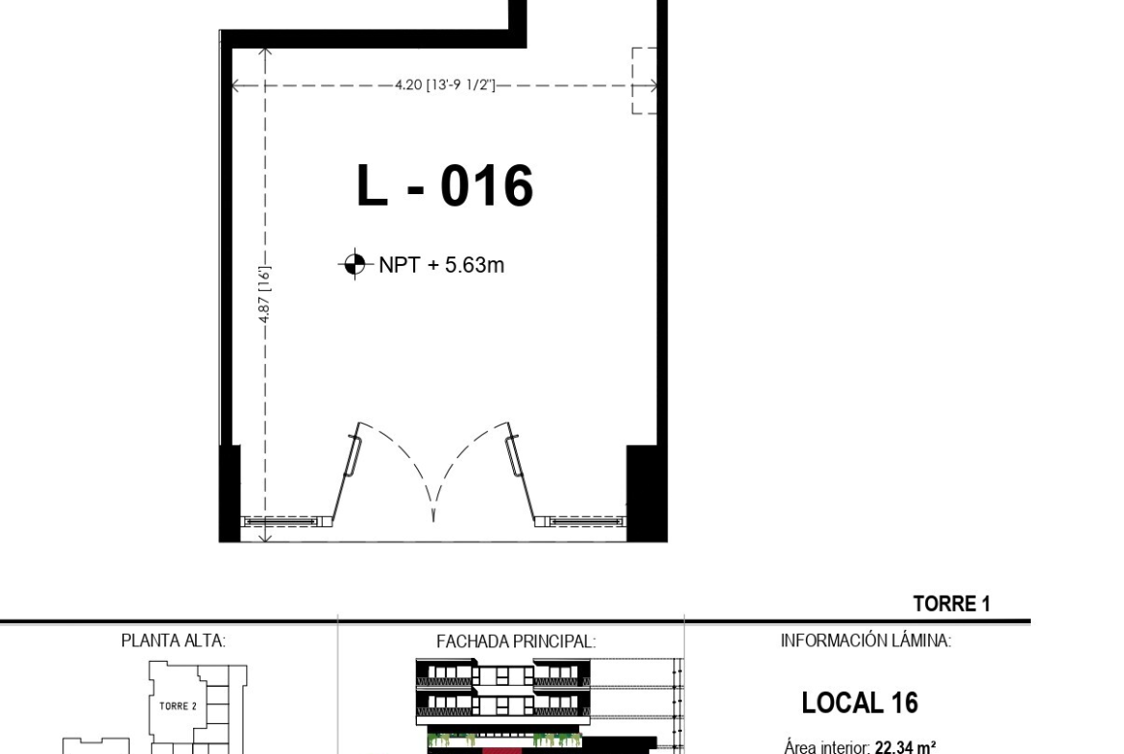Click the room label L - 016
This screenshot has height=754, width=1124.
pyautogui.click(x=445, y=185)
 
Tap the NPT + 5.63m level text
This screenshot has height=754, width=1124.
pyautogui.click(x=442, y=264)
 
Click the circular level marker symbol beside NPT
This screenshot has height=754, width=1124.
pyautogui.click(x=354, y=264)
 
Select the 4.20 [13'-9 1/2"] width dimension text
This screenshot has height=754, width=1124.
pyautogui.click(x=445, y=85)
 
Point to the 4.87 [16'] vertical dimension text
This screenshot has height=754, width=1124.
pyautogui.click(x=264, y=294)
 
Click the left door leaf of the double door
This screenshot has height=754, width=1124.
pyautogui.click(x=345, y=473)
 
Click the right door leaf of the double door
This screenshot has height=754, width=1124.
pyautogui.click(x=521, y=473)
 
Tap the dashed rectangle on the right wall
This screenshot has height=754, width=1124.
pyautogui.click(x=644, y=81)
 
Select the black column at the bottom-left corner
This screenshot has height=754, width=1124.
pyautogui.click(x=230, y=493)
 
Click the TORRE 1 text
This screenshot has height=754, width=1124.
pyautogui.click(x=951, y=603)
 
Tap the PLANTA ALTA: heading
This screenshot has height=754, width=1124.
pyautogui.click(x=173, y=640)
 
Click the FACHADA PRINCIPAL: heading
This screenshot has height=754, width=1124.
pyautogui.click(x=515, y=642)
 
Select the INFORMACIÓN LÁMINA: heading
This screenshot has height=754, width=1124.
pyautogui.click(x=866, y=640)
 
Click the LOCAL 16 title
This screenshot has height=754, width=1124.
pyautogui.click(x=860, y=702)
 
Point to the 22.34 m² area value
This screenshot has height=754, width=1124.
pyautogui.click(x=905, y=747)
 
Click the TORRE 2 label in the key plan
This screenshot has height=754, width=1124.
pyautogui.click(x=178, y=706)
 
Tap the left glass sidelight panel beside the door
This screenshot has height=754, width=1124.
pyautogui.click(x=281, y=521)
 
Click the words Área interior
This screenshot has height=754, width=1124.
pyautogui.click(x=827, y=747)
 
